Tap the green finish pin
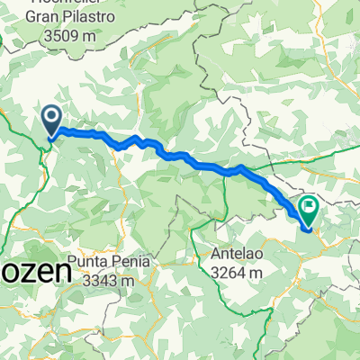(310, 211)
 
